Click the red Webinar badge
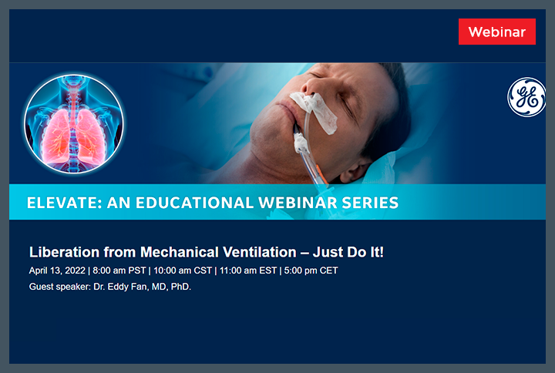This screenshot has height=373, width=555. click(x=496, y=32)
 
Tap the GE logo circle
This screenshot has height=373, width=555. click(x=526, y=98)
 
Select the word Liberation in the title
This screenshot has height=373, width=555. click(x=63, y=252)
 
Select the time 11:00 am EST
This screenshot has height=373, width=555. click(x=249, y=271)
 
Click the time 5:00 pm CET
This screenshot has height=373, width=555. click(x=310, y=271)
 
